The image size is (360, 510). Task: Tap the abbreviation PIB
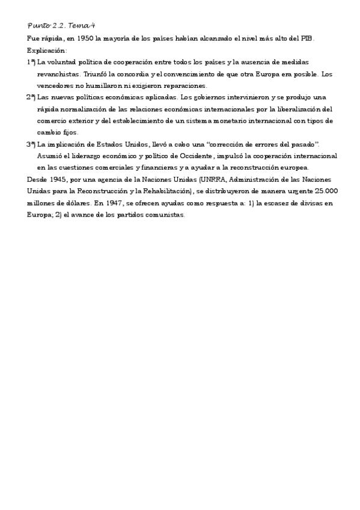point(308,38)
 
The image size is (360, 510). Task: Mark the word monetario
point(215,121)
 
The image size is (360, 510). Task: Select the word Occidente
point(194,156)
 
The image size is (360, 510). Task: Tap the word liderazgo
point(82,156)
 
